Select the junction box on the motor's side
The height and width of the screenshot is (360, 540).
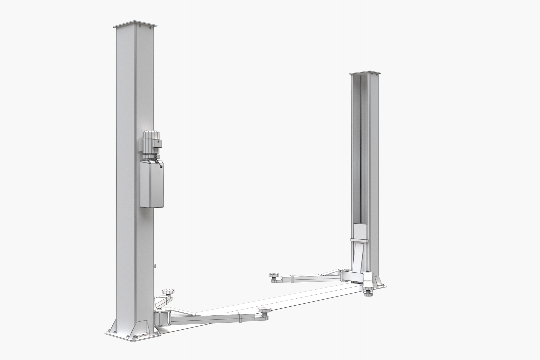coord(157,143)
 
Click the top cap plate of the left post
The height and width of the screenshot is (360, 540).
coord(135,25)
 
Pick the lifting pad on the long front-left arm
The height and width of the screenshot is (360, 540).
coord(263,311)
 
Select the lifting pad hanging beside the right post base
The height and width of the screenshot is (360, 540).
coord(368,292)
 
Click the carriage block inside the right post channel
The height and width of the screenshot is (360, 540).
coord(360,232)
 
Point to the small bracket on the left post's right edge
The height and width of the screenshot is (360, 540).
coord(155,266)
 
